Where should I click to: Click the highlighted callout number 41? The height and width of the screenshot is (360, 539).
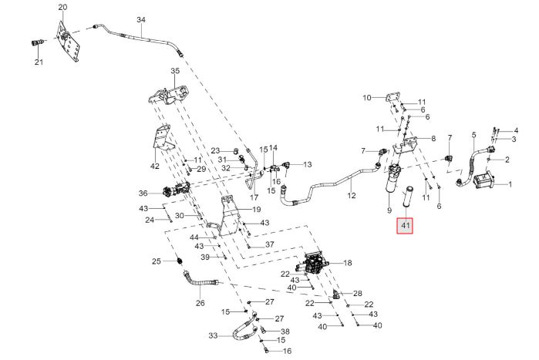[x=406, y=226]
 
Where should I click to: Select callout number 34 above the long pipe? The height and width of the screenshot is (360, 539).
[x=141, y=20]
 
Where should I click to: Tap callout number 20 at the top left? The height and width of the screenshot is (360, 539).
[x=62, y=7]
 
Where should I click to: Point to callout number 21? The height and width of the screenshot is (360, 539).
[x=39, y=62]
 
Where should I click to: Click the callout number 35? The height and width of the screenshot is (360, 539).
[x=175, y=71]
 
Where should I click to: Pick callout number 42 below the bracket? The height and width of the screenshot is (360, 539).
[x=155, y=167]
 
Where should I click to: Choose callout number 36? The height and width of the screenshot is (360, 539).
[x=143, y=193]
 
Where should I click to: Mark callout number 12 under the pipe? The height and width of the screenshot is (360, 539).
[x=352, y=196]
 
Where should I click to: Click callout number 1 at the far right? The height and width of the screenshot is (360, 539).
[x=510, y=184]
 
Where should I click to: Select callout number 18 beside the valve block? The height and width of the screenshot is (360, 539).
[x=348, y=263]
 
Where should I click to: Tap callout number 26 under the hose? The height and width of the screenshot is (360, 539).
[x=200, y=303]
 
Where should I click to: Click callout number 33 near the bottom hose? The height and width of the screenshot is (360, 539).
[x=213, y=335]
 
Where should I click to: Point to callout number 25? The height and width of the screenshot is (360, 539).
[x=157, y=261]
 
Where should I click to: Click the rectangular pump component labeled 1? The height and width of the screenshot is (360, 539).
[x=484, y=180]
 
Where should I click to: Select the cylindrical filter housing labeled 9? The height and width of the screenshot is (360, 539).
[x=394, y=180]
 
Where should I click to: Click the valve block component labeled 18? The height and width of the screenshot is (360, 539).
[x=312, y=264]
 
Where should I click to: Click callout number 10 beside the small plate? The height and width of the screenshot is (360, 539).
[x=367, y=98]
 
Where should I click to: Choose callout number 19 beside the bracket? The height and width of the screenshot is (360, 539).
[x=257, y=210]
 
